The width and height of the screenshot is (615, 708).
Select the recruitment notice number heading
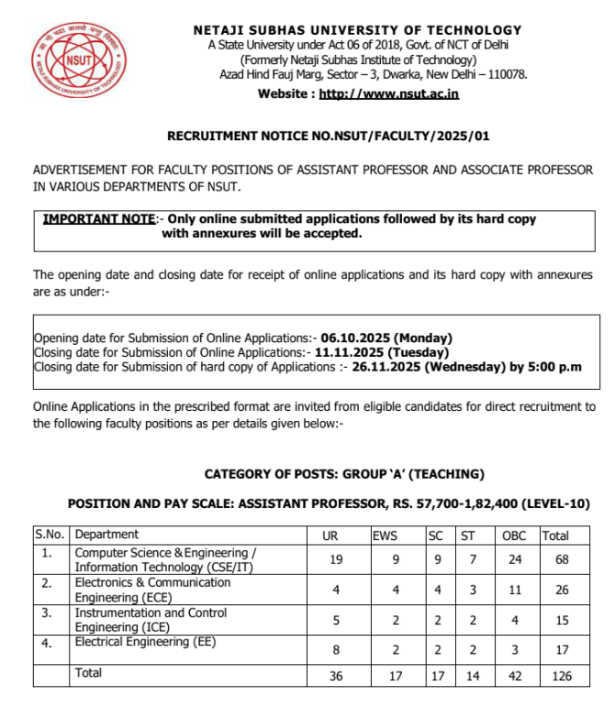click(x=328, y=136)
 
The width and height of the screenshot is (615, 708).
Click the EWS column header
click(x=385, y=536)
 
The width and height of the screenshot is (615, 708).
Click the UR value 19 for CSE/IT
click(x=335, y=559)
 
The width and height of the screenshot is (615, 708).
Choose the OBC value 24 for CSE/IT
click(x=514, y=559)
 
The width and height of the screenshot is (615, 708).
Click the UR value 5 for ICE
click(x=335, y=620)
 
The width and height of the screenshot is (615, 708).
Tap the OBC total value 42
click(x=514, y=676)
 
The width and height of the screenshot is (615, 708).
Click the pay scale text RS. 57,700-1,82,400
click(x=456, y=503)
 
